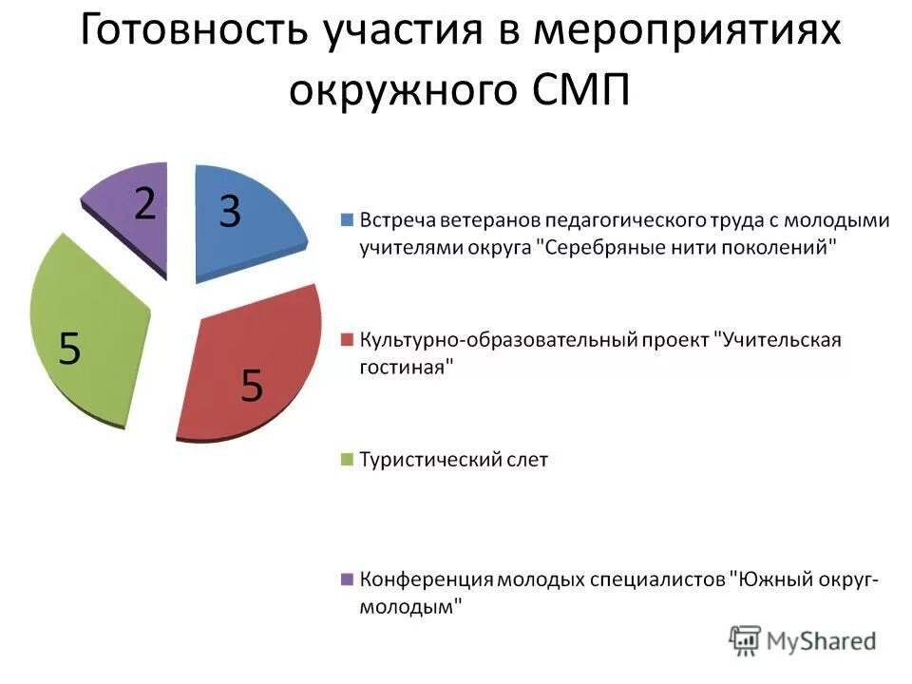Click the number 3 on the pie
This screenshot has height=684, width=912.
pyautogui.click(x=229, y=211)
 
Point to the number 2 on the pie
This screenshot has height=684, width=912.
pyautogui.click(x=144, y=203)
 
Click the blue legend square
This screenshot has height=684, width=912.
pyautogui.click(x=347, y=220)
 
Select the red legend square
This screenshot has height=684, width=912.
pyautogui.click(x=347, y=340)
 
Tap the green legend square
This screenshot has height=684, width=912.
pyautogui.click(x=347, y=460)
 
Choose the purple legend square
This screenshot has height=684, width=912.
pyautogui.click(x=347, y=579)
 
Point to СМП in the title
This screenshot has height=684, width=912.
pyautogui.click(x=579, y=90)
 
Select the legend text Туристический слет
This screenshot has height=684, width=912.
pyautogui.click(x=453, y=460)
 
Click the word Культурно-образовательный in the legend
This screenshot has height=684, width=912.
pyautogui.click(x=484, y=340)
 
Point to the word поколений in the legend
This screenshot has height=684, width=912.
pyautogui.click(x=783, y=248)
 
